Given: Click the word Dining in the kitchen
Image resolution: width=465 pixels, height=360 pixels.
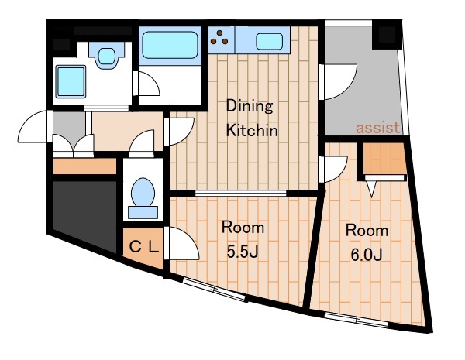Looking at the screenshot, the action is tap(250, 107).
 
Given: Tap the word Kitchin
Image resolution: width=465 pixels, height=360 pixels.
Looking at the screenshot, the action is tap(252, 130).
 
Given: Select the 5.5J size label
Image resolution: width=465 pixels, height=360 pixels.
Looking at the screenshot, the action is tap(243, 252).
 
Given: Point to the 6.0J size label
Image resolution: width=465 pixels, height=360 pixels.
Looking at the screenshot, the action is tap(367, 255).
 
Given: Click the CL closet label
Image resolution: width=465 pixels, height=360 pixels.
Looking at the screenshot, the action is tap(144, 247).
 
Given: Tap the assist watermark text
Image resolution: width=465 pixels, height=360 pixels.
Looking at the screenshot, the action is tap(378, 128).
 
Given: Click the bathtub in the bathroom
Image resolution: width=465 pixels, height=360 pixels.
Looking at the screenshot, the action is tap(170, 45).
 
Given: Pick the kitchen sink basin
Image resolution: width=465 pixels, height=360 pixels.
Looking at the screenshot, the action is tap(269, 42).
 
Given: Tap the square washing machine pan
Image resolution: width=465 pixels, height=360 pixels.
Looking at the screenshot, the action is tap(71, 82).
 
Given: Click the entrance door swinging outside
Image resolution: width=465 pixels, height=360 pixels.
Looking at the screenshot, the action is tap(33, 127).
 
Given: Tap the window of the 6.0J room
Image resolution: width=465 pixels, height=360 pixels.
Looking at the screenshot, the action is tap(356, 320).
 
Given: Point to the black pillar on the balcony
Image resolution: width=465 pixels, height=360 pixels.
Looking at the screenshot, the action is tap(387, 35).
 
